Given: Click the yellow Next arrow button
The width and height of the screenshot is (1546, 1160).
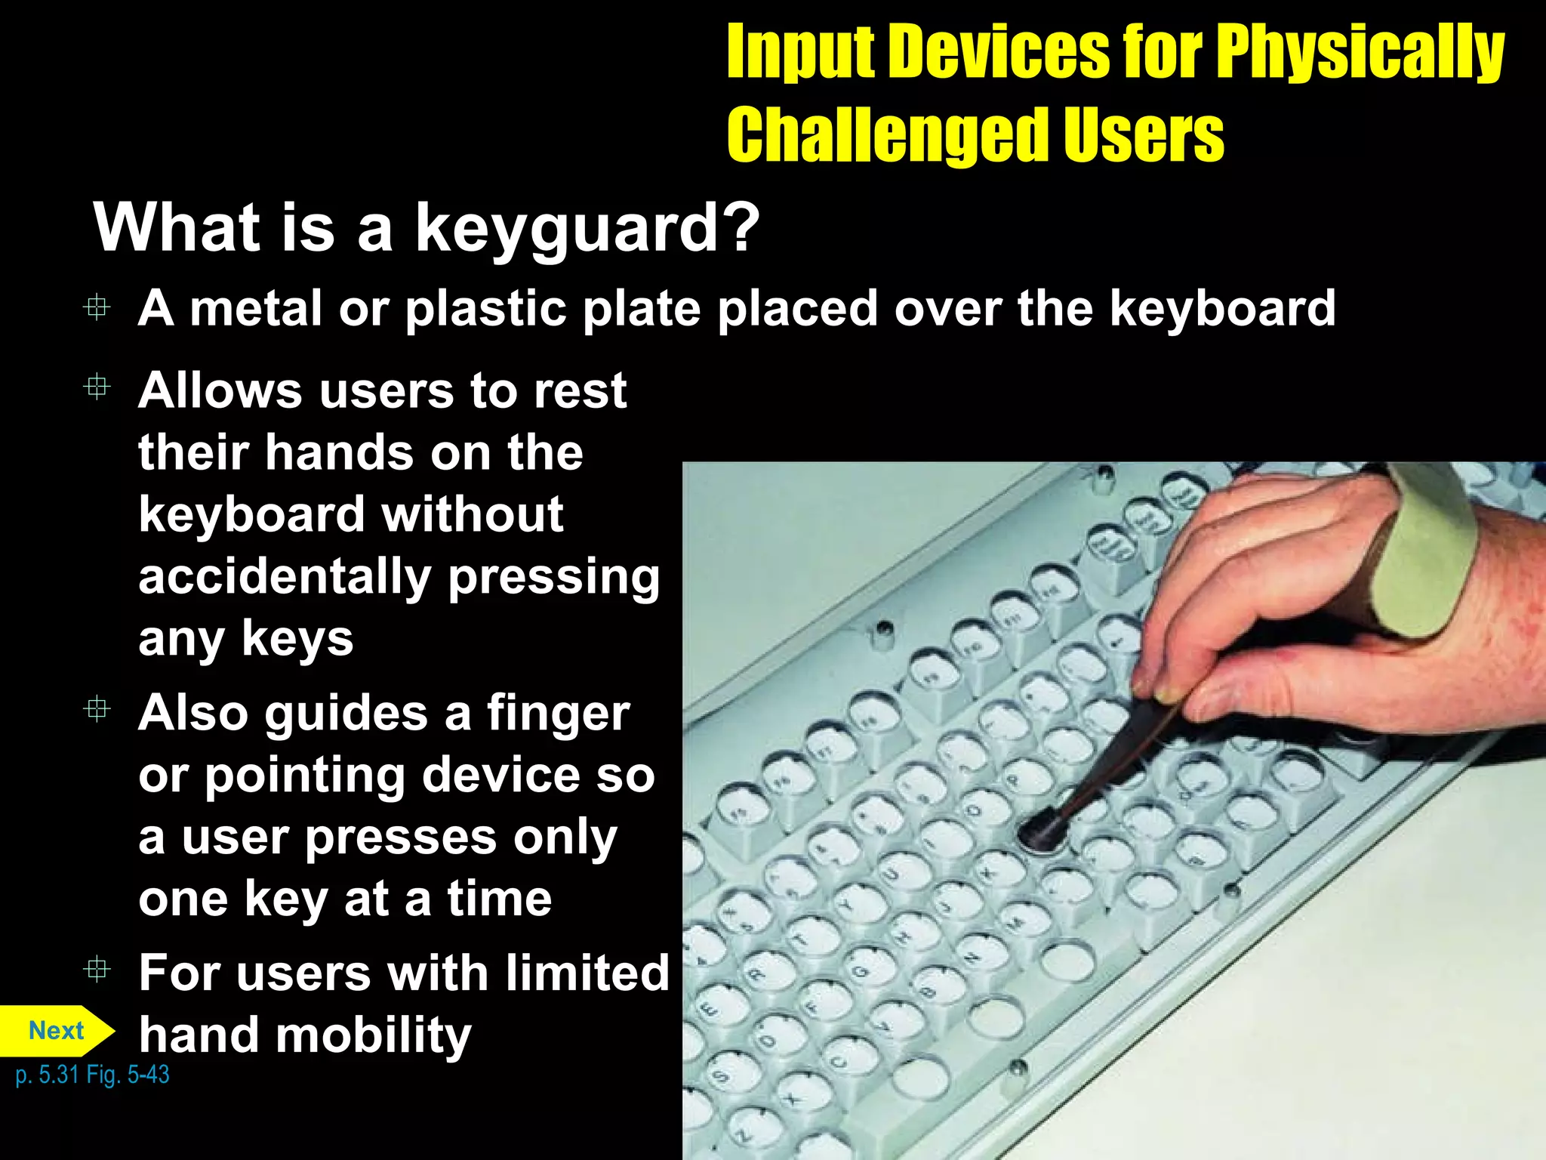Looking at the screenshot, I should [x=57, y=1031].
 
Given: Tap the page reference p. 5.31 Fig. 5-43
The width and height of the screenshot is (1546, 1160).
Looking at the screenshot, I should [x=92, y=1075].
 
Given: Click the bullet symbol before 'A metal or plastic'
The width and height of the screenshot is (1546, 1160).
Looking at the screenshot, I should [x=97, y=307].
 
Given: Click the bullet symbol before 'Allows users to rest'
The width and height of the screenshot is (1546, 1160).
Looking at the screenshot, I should [x=97, y=387].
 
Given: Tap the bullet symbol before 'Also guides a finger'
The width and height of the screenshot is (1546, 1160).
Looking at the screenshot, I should [x=97, y=709].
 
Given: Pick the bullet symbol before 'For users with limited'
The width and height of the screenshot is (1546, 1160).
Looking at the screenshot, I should [x=97, y=968].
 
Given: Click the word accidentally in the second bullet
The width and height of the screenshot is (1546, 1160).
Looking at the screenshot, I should [x=285, y=577].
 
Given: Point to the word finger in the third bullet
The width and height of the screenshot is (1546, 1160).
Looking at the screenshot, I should [x=558, y=714].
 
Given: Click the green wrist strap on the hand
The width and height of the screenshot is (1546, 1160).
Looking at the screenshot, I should [x=1427, y=559].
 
